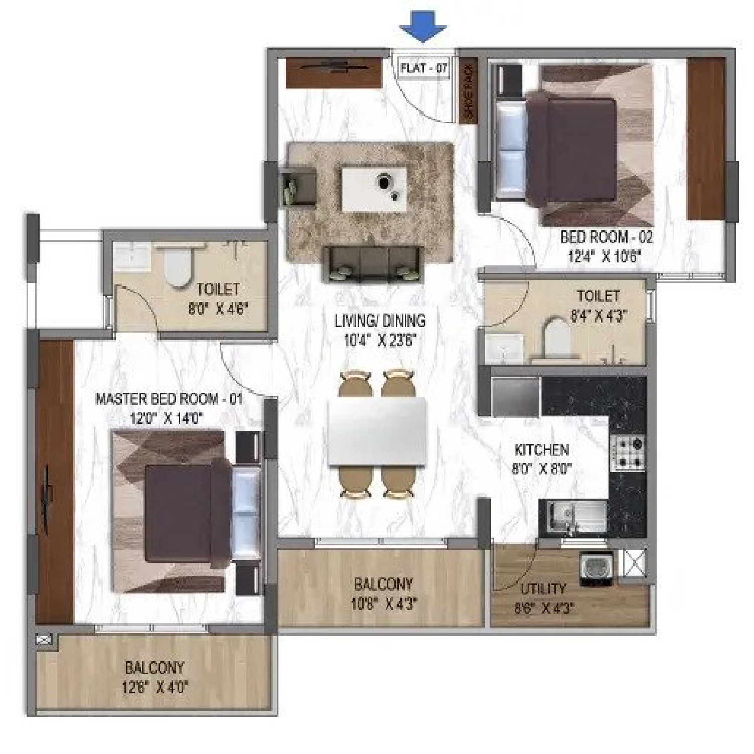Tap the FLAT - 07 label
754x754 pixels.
424,68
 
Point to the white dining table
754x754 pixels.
377,432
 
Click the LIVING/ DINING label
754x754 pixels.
380,321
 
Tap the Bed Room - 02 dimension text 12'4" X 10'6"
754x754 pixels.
606,257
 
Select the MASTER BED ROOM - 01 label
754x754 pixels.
169,399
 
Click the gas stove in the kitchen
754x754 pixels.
627,453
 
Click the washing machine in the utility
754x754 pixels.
597,569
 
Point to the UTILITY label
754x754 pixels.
543,588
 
